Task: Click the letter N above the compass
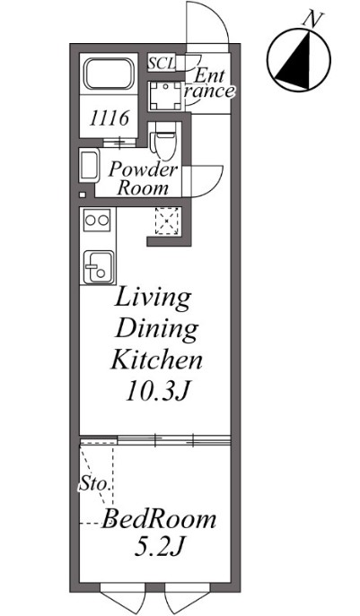314,20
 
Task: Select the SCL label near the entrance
162,64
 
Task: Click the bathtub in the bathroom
109,74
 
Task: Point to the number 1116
109,118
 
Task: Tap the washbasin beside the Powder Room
89,166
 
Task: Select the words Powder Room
144,178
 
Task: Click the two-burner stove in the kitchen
97,220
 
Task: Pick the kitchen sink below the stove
99,267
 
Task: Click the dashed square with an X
168,222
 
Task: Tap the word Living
153,299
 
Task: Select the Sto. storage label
93,483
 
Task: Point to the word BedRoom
159,519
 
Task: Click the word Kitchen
156,360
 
